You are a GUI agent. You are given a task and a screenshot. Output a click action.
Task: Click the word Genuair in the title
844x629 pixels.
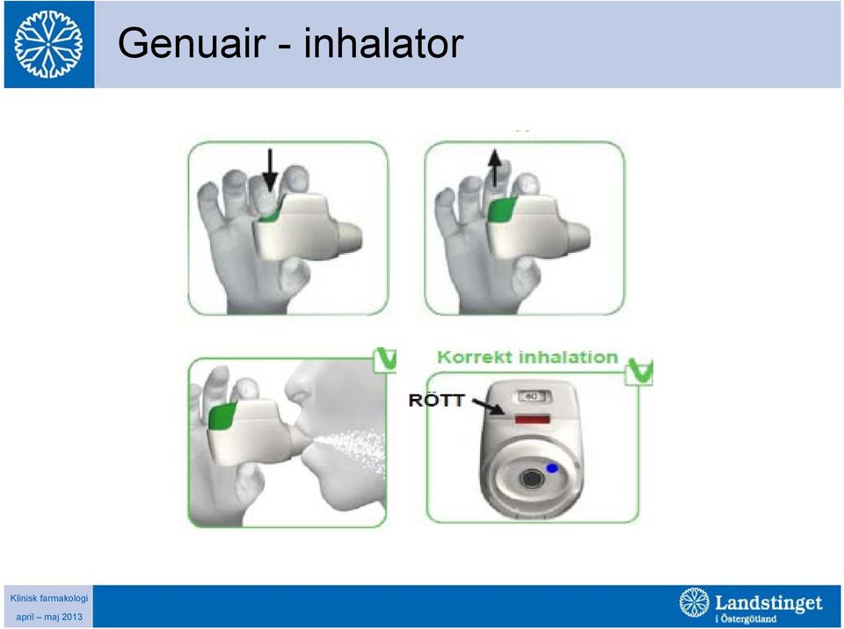coord(192,43)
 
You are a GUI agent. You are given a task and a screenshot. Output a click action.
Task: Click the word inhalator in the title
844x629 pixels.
coord(383,43)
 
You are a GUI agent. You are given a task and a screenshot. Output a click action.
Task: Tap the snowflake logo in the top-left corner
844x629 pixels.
coord(48,44)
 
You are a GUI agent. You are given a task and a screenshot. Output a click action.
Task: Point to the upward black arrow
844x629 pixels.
coord(494,169)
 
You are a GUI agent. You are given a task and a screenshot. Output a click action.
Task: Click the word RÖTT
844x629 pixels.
coord(437,400)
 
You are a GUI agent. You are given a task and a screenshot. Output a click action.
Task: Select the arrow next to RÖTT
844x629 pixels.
coord(488,406)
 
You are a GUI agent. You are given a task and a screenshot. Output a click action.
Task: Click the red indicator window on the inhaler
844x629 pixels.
coord(533,419)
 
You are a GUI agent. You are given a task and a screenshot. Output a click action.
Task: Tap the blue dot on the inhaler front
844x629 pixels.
coord(552,468)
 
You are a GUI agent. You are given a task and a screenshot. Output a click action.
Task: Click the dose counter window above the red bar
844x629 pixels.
coord(532,396)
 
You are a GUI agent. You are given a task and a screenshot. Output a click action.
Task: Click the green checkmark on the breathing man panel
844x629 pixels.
coord(386,359)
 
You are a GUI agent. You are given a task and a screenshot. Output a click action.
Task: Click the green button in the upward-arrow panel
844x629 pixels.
coord(502,209)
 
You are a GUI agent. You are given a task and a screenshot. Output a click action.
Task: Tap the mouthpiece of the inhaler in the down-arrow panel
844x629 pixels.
coord(349,236)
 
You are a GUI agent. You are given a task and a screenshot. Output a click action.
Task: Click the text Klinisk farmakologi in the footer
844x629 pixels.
coord(49,597)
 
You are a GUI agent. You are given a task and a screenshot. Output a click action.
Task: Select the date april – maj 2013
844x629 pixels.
coord(49,617)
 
